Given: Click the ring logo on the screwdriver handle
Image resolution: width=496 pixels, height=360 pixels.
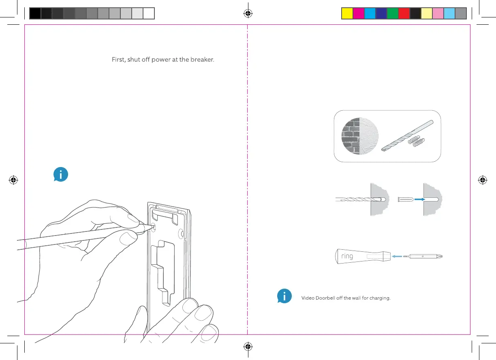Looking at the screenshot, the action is tap(347, 257).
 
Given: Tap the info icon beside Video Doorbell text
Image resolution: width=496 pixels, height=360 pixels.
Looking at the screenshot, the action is tap(285, 296).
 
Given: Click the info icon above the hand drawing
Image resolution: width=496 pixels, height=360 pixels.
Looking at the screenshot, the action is tap(61, 175).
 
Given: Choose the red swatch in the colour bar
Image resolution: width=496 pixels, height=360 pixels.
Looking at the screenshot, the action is tap(404, 14).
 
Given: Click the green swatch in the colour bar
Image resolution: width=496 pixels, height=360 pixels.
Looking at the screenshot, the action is tap(392, 14).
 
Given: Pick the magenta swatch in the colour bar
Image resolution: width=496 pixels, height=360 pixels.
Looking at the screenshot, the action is tap(358, 14).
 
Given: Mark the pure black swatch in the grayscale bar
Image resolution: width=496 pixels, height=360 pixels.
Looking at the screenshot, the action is tap(35, 14).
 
